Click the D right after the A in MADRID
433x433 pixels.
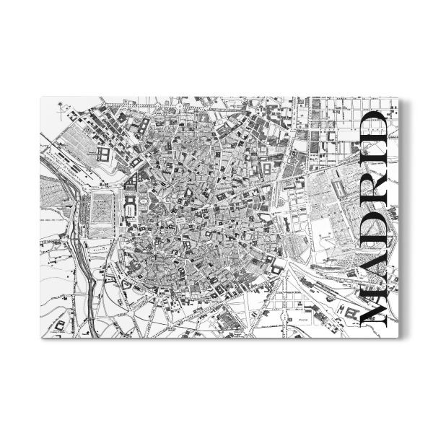pyautogui.click(x=374, y=232)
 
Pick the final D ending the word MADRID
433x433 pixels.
pyautogui.click(x=374, y=134)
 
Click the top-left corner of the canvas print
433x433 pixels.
pyautogui.click(x=40, y=97)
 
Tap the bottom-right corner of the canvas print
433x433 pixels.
pyautogui.click(x=398, y=338)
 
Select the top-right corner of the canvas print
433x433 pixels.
pyautogui.click(x=398, y=97)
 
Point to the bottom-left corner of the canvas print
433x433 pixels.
pyautogui.click(x=40, y=338)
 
